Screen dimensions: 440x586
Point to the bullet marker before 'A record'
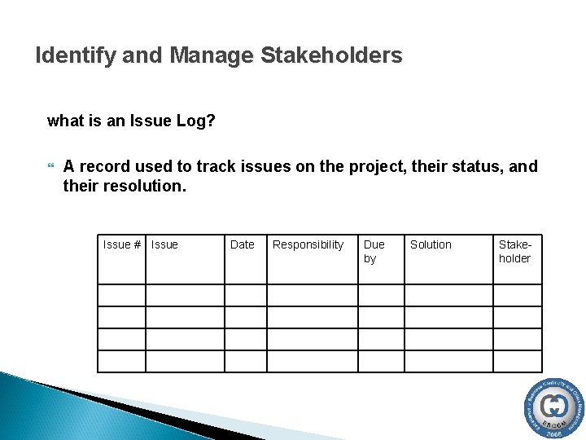51,167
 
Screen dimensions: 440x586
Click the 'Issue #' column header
122,244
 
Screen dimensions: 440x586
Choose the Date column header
242,244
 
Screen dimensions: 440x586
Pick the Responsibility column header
308,244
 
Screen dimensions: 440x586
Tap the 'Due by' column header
374,251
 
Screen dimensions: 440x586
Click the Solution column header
431,244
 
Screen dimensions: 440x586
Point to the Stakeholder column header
514,251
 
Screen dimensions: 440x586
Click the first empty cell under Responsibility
313,295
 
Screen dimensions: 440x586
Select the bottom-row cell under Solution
448,361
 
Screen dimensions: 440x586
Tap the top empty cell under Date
246,295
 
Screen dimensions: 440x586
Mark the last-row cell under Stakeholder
517,361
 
